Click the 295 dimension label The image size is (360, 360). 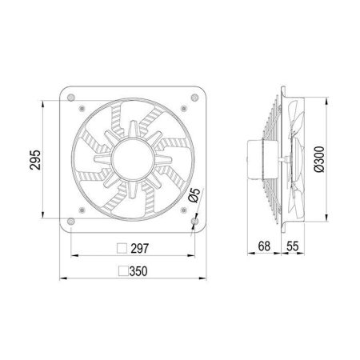[x=35, y=160]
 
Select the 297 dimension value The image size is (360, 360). [x=140, y=249]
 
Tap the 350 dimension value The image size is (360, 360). [x=138, y=271]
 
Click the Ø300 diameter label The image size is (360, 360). [x=319, y=159]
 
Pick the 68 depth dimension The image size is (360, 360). [x=264, y=246]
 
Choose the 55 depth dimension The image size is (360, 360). [x=293, y=246]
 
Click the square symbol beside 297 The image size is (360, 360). [x=122, y=248]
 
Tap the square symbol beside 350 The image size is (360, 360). [x=123, y=271]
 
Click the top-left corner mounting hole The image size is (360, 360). [x=71, y=98]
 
